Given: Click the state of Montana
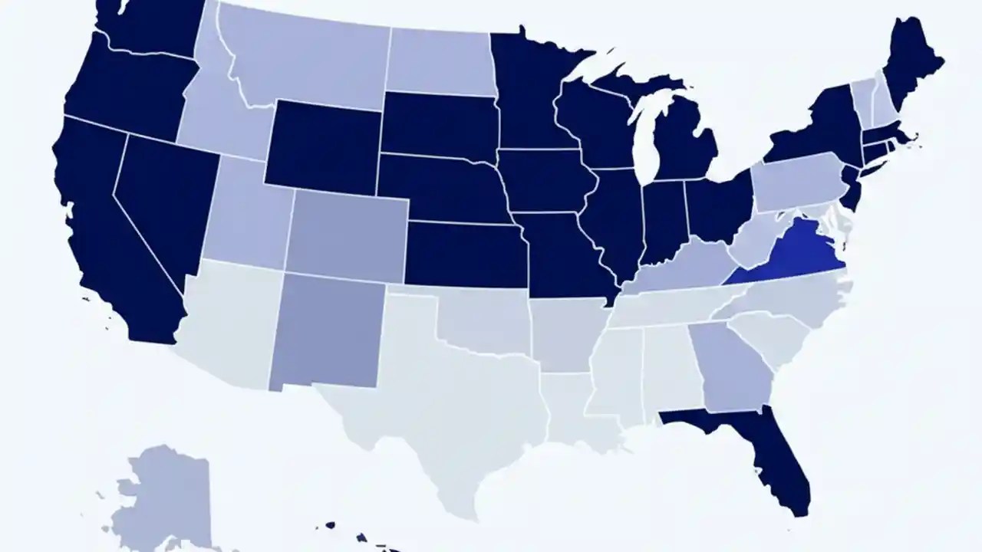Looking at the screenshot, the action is tap(307, 58).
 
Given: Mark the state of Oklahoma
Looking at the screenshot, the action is tap(483, 322).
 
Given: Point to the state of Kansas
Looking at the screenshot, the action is tap(464, 253).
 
